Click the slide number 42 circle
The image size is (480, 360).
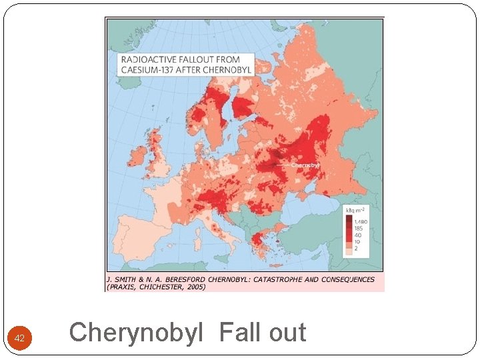click(19, 339)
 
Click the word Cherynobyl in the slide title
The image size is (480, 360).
click(135, 332)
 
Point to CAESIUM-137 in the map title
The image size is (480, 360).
click(149, 69)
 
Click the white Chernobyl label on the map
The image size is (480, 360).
click(306, 165)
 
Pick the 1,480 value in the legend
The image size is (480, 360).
click(361, 221)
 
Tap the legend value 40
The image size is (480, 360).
click(357, 235)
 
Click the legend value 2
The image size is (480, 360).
click(356, 249)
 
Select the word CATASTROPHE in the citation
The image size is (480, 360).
click(274, 279)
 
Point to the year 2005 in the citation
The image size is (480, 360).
click(195, 287)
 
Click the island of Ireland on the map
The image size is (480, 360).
click(138, 157)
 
